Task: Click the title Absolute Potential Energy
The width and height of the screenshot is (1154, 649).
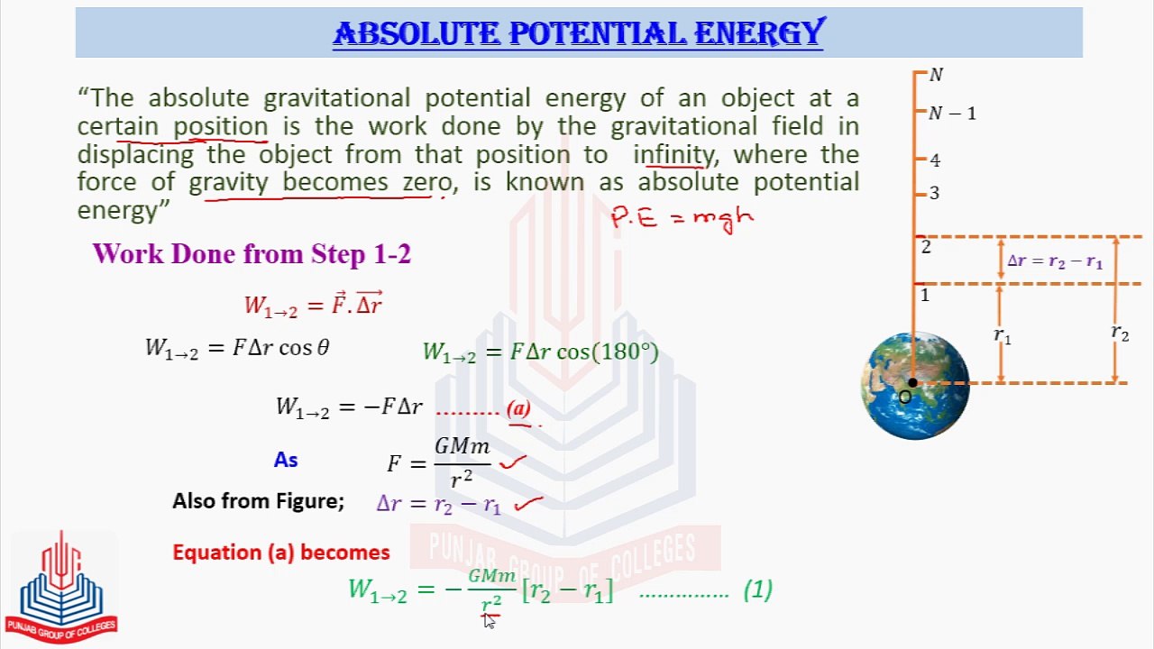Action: (x=578, y=33)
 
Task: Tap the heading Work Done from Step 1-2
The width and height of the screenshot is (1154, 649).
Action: (x=252, y=254)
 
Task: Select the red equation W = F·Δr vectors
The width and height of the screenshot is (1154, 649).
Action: (x=314, y=305)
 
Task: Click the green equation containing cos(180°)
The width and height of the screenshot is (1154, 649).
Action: (x=540, y=352)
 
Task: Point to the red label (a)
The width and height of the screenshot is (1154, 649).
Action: (x=519, y=409)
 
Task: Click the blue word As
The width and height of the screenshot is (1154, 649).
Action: (x=286, y=460)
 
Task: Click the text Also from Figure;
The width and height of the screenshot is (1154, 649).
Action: (x=258, y=501)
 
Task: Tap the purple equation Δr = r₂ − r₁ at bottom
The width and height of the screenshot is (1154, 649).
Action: (x=438, y=504)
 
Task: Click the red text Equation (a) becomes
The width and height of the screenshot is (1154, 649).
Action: (x=281, y=553)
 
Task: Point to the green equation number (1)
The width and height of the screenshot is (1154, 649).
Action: (x=758, y=590)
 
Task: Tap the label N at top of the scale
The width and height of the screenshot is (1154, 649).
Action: (x=936, y=76)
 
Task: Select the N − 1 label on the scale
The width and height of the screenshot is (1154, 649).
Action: (x=952, y=114)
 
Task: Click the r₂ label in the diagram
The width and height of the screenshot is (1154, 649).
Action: (x=1120, y=333)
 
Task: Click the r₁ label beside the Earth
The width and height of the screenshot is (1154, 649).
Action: (x=1003, y=335)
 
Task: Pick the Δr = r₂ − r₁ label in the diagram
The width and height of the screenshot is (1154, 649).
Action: (x=1054, y=261)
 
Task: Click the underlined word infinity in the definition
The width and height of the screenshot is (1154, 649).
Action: (x=673, y=154)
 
